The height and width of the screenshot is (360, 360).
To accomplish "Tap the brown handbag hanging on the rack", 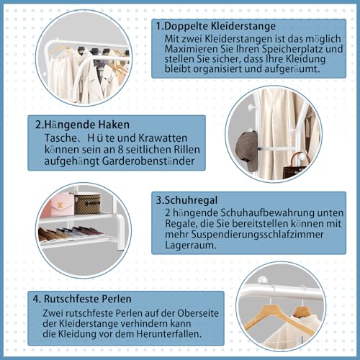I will click(x=295, y=168).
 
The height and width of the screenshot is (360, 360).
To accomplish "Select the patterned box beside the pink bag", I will click(x=88, y=204).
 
